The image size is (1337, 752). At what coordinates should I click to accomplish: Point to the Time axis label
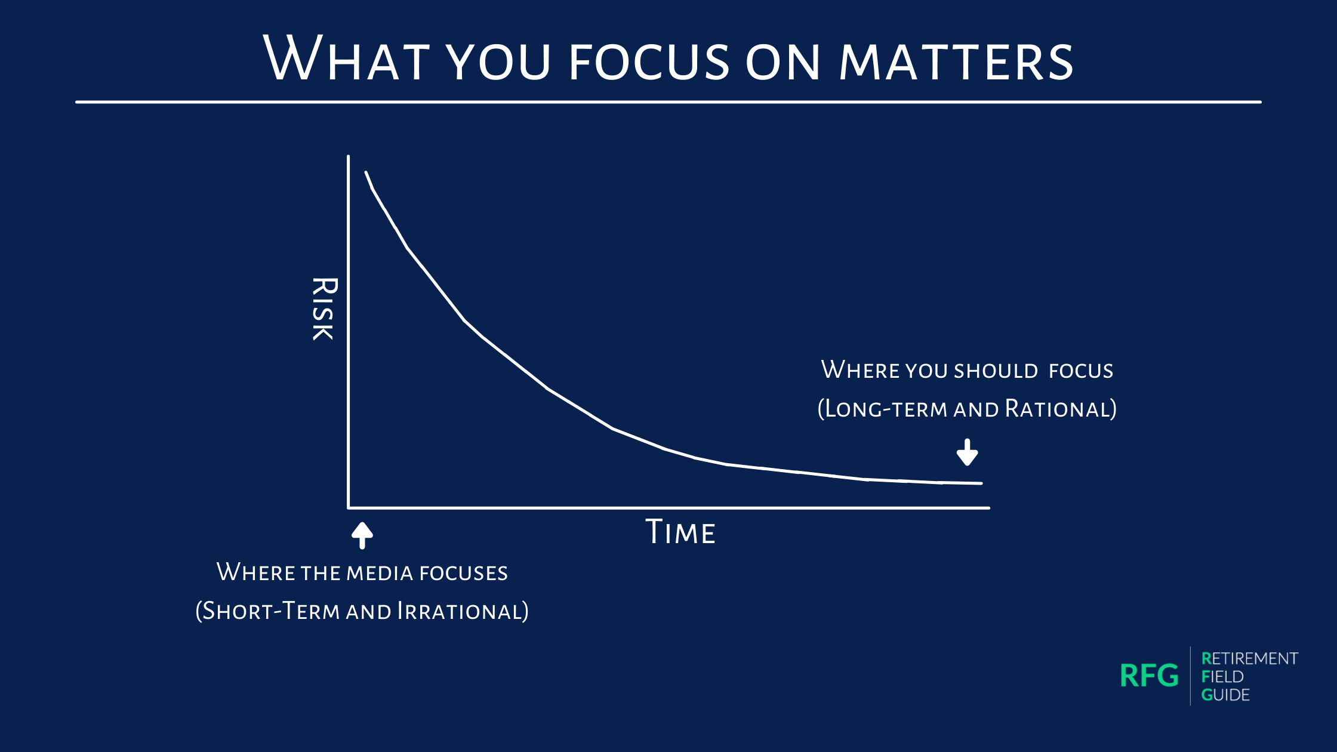[x=680, y=532]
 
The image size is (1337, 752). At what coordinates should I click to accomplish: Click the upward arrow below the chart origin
[x=362, y=535]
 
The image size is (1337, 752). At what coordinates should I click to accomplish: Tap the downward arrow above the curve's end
[x=967, y=452]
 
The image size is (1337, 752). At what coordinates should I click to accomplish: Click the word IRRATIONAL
[x=463, y=611]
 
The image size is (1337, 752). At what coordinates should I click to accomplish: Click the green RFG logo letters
[x=1150, y=676]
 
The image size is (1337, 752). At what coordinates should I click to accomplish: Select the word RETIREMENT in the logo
[x=1249, y=658]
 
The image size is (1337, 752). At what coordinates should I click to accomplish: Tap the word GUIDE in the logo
[x=1225, y=695]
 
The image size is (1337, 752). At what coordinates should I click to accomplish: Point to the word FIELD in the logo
[x=1222, y=677]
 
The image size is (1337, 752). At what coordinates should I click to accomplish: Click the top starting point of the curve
[x=366, y=172]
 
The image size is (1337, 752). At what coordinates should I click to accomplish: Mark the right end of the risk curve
[x=981, y=483]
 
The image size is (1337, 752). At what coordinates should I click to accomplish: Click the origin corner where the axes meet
[x=349, y=508]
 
